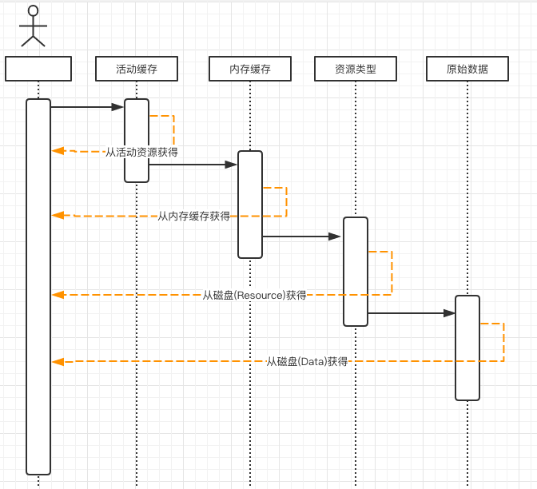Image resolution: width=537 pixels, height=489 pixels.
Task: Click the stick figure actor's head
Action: [34, 10]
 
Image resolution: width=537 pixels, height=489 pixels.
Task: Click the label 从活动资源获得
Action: [141, 152]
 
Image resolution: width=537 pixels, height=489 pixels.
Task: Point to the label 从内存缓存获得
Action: [194, 216]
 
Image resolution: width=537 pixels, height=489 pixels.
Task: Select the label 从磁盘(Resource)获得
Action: [254, 295]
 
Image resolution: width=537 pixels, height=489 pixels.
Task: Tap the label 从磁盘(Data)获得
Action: [307, 361]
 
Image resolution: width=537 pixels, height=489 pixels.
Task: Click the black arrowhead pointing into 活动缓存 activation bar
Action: [117, 107]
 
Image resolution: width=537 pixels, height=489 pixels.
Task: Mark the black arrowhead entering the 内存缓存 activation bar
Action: [231, 165]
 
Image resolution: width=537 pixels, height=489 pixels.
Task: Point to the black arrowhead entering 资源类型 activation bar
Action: [335, 237]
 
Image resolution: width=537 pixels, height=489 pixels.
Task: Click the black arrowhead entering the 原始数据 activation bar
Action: [449, 313]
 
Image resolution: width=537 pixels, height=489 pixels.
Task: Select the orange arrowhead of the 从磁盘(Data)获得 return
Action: [58, 362]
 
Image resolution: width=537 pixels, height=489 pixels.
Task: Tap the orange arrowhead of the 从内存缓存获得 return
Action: [58, 216]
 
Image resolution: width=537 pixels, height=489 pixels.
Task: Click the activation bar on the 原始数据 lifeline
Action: [467, 348]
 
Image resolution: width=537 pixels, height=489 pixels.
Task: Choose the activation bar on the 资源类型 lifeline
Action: [356, 272]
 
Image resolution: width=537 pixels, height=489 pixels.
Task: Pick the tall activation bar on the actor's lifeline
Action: [38, 287]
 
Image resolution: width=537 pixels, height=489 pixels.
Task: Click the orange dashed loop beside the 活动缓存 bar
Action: [173, 130]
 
